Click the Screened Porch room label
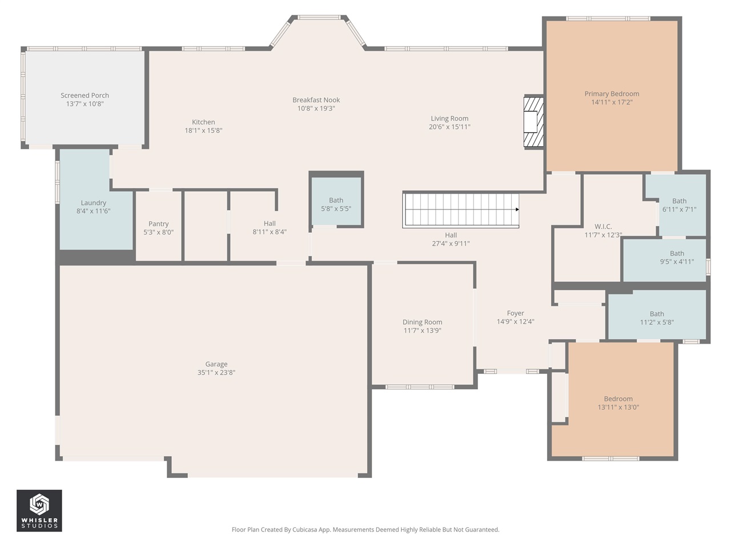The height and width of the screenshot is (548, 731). tap(85, 95)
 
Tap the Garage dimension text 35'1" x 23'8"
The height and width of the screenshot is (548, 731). tap(216, 373)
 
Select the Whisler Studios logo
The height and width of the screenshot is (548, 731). tap(39, 510)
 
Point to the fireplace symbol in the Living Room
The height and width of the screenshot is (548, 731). tap(533, 122)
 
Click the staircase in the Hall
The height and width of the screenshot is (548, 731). tap(460, 210)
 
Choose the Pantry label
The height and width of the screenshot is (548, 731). tap(158, 224)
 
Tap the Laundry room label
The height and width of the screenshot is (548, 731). tap(93, 203)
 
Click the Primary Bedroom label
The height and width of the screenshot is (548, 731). tap(612, 94)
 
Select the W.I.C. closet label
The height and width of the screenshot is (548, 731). tap(603, 227)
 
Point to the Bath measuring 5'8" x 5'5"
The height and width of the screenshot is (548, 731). tap(336, 204)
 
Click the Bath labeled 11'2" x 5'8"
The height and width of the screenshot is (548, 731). tap(657, 318)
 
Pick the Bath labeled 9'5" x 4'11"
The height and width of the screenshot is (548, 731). tap(677, 257)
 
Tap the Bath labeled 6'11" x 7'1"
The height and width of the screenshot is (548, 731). tap(679, 205)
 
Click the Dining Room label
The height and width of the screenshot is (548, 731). tap(422, 322)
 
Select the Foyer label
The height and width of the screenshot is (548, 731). tap(515, 313)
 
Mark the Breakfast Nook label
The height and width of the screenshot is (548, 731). tap(316, 100)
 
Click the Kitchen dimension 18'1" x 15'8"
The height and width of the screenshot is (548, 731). tap(203, 131)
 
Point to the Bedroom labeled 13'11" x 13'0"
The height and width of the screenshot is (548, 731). tap(618, 403)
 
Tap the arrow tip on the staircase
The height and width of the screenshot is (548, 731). tap(517, 209)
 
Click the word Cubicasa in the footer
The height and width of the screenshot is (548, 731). tap(306, 530)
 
